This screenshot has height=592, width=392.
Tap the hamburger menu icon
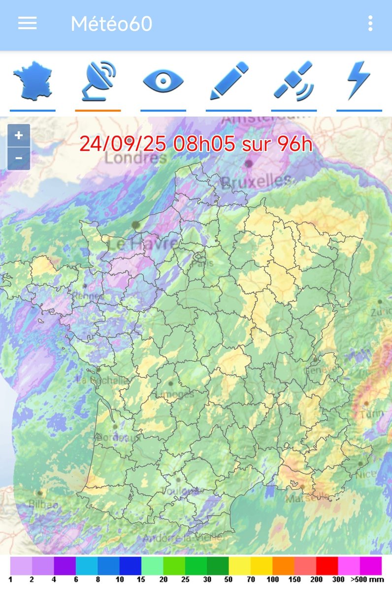pos(27,23)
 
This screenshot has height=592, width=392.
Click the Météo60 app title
pos(111,24)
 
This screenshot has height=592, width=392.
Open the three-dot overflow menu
pos(370,23)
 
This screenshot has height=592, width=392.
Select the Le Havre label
pos(143,244)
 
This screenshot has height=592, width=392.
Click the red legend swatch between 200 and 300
pos(327,565)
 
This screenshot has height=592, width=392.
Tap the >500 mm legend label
pos(367,579)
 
